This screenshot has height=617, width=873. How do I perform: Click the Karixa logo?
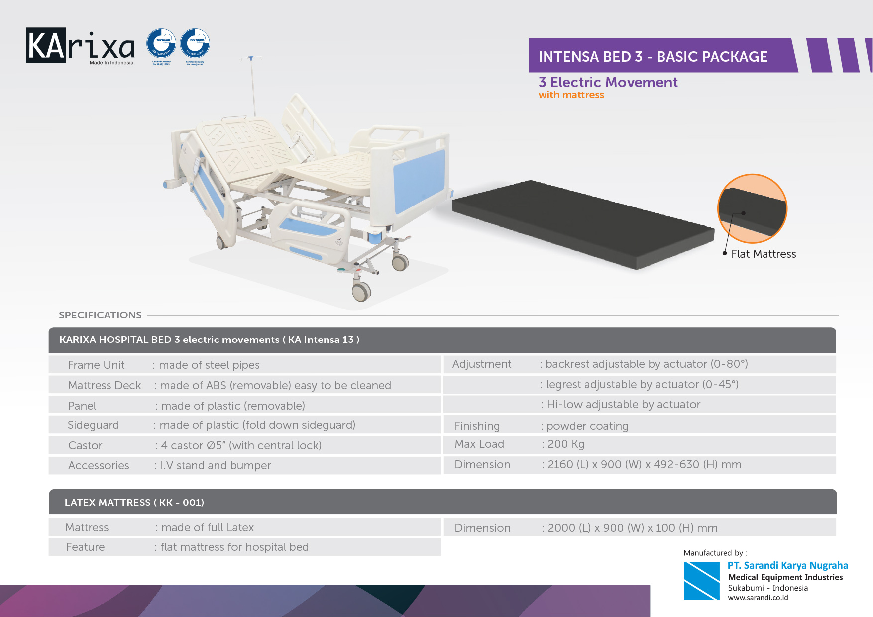point(80,46)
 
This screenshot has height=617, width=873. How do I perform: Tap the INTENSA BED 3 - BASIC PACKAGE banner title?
point(653,57)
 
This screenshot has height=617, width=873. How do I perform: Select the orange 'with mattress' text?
point(571,95)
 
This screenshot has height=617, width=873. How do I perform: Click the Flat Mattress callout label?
point(763,254)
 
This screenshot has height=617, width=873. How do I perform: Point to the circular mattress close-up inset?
point(752,208)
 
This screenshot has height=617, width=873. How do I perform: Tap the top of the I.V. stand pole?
point(252,59)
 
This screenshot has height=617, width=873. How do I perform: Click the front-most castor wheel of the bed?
point(361,291)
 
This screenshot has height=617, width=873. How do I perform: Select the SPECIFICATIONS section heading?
point(100,315)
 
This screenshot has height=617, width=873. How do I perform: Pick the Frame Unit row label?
point(96,365)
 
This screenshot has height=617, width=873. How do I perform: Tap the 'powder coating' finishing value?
point(587,426)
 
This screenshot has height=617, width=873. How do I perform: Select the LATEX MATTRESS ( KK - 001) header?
point(134,503)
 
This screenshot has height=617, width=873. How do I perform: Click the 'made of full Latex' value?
point(207,528)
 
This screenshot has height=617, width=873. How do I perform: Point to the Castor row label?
point(85,446)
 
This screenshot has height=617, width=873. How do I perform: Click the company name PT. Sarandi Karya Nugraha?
point(787,566)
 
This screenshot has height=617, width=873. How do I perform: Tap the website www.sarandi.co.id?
point(758,598)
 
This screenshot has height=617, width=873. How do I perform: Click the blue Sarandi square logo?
point(701,581)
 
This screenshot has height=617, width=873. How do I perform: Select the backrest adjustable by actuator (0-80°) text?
point(646,364)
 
